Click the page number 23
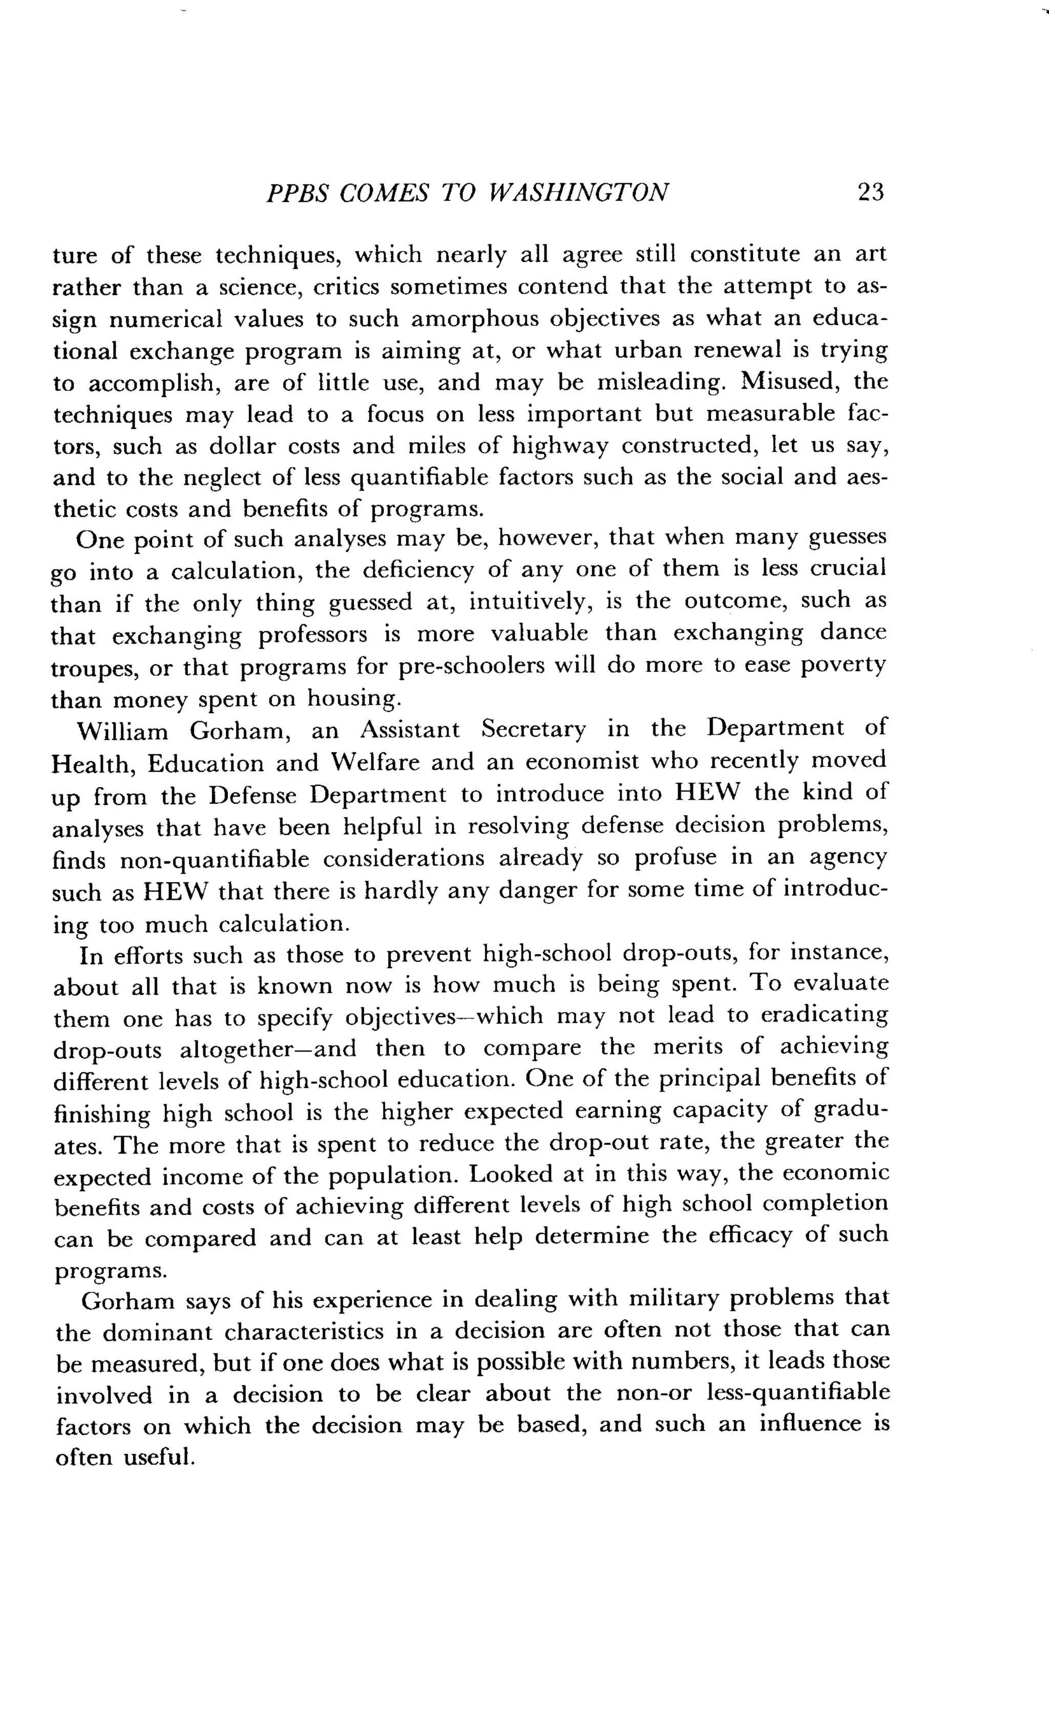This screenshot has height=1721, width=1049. [870, 192]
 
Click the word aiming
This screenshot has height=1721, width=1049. [421, 351]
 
